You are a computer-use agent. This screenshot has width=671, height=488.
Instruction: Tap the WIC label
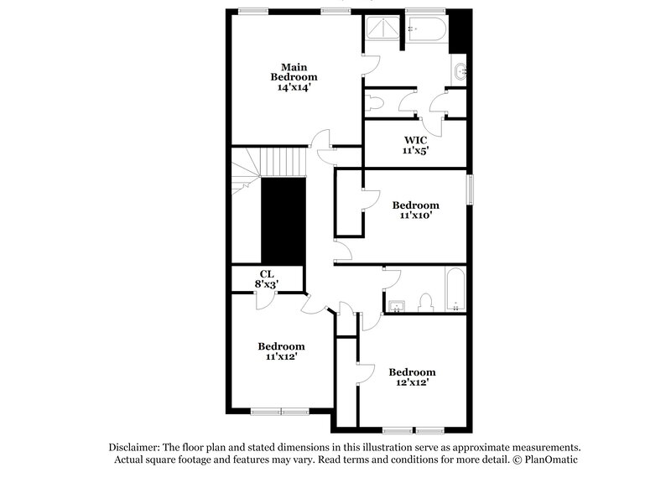click(x=415, y=140)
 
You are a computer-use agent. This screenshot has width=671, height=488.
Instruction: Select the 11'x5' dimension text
click(x=415, y=152)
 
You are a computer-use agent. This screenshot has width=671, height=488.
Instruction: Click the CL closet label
click(x=266, y=273)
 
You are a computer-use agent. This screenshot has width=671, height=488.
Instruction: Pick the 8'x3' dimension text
click(x=266, y=285)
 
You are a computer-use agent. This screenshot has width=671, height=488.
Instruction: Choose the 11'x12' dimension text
click(x=281, y=357)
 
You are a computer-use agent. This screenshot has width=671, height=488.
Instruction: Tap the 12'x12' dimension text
click(x=411, y=383)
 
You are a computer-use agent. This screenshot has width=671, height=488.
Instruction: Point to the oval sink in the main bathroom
click(x=459, y=73)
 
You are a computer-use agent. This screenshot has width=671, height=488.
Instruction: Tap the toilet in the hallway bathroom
click(x=425, y=303)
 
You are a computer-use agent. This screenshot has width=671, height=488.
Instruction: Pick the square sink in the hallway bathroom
click(x=397, y=304)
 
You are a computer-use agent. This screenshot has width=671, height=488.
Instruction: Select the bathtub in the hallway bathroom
click(x=454, y=290)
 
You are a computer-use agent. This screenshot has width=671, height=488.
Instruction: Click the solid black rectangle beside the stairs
click(x=283, y=221)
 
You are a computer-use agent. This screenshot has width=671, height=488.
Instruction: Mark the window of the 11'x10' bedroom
click(x=470, y=189)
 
